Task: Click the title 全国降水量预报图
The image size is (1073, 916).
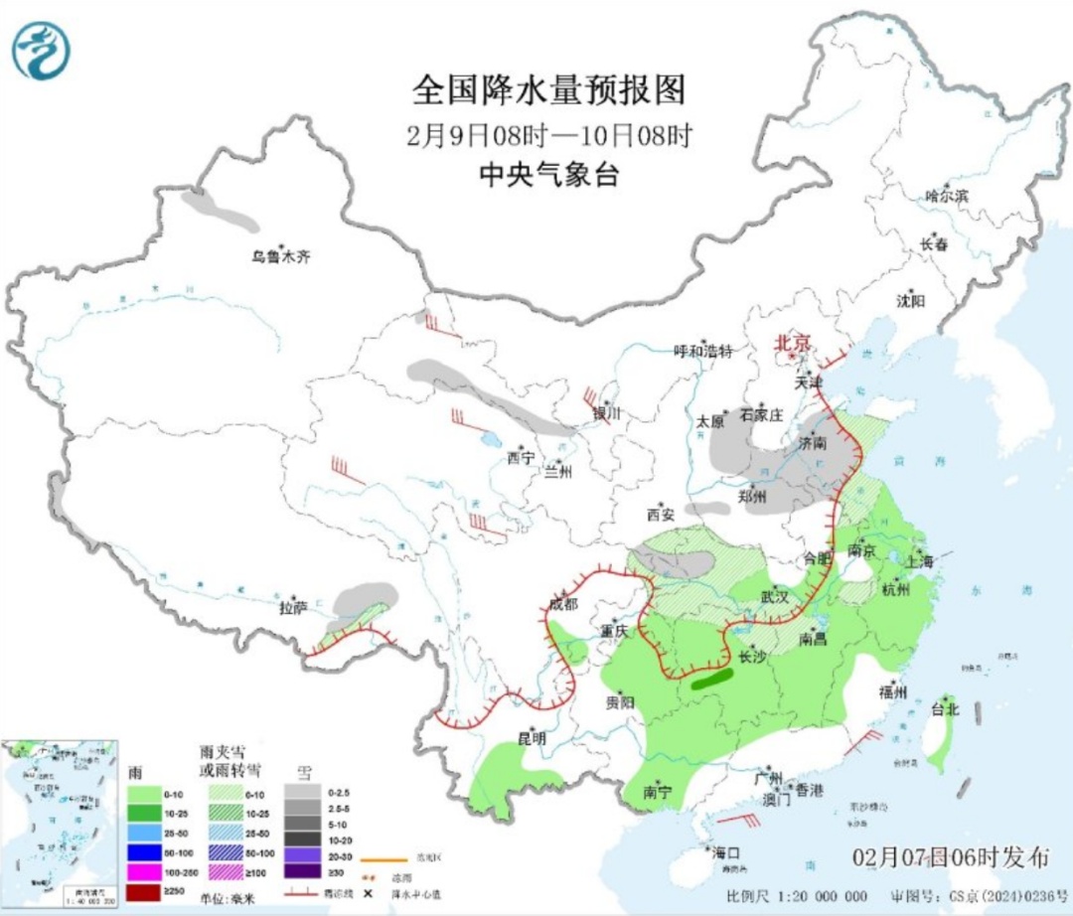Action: click(548, 91)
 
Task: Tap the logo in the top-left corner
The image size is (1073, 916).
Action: click(42, 51)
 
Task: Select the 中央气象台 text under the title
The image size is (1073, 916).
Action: click(548, 176)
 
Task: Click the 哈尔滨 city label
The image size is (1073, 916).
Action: click(946, 197)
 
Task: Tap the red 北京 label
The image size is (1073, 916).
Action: click(794, 343)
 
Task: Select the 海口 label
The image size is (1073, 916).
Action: click(724, 853)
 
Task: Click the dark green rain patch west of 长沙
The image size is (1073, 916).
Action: click(712, 679)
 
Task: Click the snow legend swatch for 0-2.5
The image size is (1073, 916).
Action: click(304, 792)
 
